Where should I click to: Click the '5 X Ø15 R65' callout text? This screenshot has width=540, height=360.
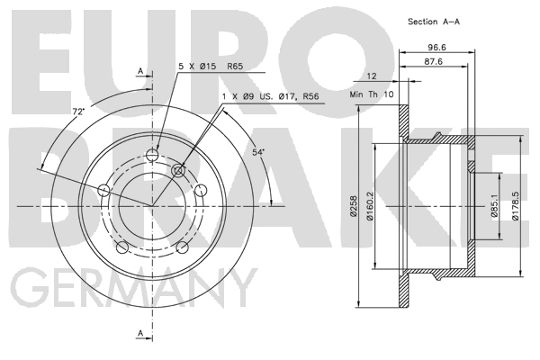209,66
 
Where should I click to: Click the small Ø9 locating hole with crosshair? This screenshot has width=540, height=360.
177,170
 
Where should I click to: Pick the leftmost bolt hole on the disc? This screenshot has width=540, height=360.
103,190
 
